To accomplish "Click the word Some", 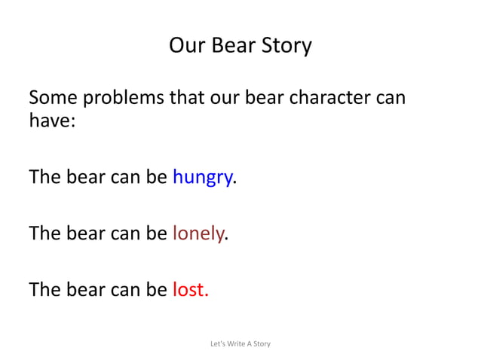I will (x=53, y=99).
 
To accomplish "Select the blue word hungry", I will (x=202, y=178).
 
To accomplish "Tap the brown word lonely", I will (x=198, y=233).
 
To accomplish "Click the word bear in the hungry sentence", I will (x=85, y=178).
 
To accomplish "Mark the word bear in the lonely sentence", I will (x=85, y=233).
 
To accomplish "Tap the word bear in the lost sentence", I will (x=85, y=289).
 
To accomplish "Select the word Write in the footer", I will (x=237, y=344).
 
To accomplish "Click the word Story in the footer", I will (x=262, y=344).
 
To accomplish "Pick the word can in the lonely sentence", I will (x=125, y=233).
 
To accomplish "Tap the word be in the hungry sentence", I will (x=157, y=178).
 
